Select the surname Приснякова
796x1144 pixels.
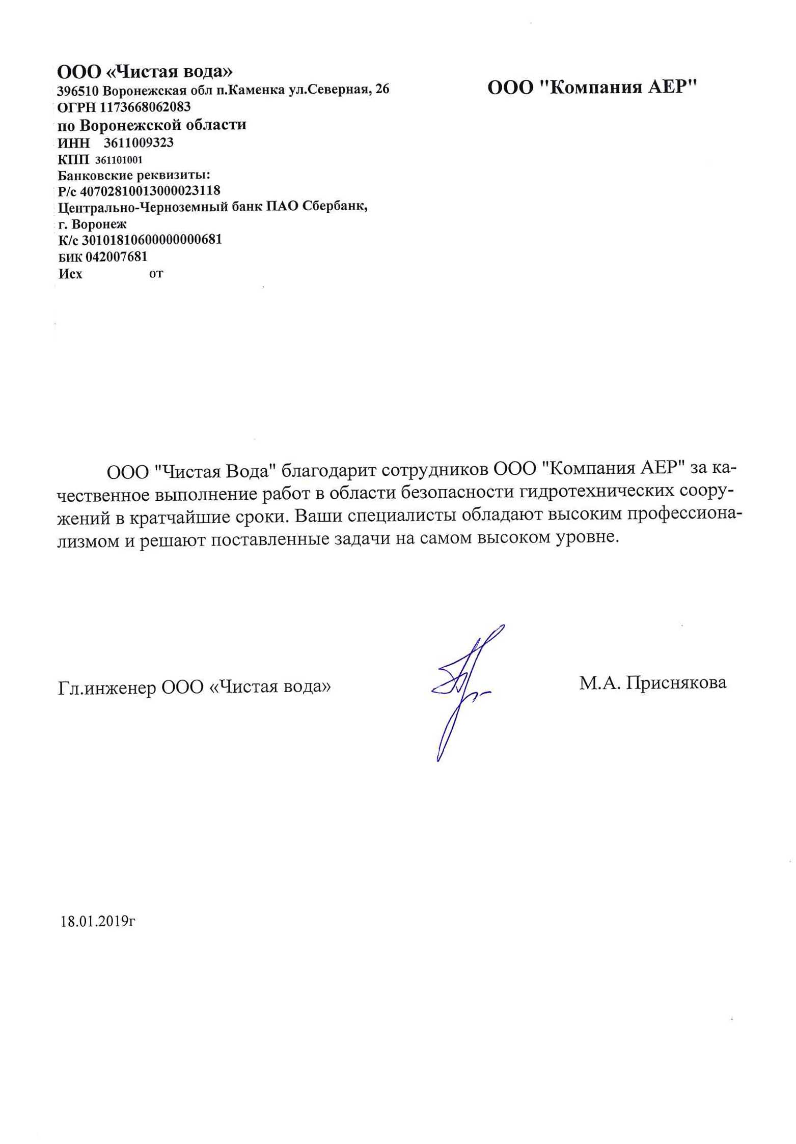676,683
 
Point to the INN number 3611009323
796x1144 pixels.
139,142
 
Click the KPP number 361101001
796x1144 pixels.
119,160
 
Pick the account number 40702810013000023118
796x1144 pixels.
150,191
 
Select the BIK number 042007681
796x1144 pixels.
116,256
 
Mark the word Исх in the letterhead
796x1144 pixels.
70,274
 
